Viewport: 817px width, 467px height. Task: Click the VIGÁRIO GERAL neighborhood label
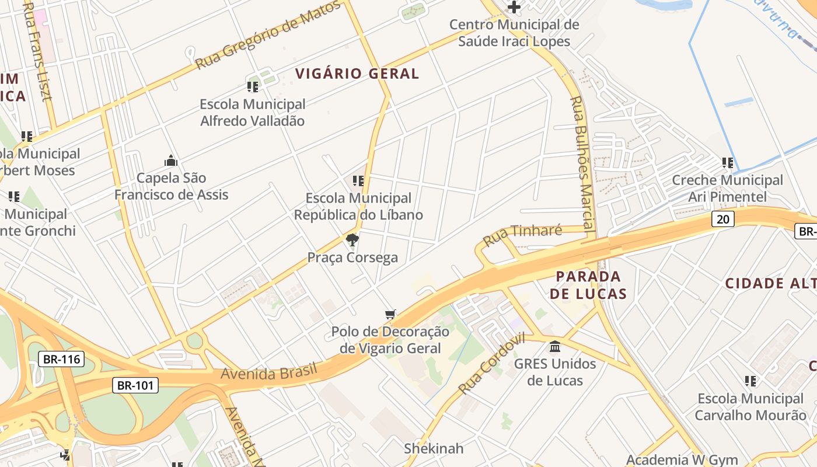coord(357,74)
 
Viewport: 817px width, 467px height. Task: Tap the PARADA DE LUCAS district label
coord(588,285)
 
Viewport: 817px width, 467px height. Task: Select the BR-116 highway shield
coord(61,359)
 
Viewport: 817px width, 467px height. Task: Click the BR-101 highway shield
coord(135,385)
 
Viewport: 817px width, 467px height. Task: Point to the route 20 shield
coord(722,219)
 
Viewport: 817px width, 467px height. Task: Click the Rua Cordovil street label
coord(491,364)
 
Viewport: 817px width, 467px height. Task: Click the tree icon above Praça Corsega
coord(352,240)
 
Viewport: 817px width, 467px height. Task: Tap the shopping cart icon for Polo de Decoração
coord(390,315)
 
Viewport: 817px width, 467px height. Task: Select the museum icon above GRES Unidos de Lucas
coord(555,347)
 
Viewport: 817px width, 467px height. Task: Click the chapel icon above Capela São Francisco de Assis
coord(171,161)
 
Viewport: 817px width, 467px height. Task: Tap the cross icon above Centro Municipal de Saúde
coord(514,7)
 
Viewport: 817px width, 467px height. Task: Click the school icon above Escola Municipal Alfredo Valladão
coord(253,87)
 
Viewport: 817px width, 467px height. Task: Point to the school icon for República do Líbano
coord(358,181)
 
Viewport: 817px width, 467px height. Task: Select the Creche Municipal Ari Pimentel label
coord(727,189)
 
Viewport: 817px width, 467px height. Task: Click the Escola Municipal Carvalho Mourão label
coord(750,407)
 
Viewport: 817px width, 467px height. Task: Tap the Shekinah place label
coord(434,448)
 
